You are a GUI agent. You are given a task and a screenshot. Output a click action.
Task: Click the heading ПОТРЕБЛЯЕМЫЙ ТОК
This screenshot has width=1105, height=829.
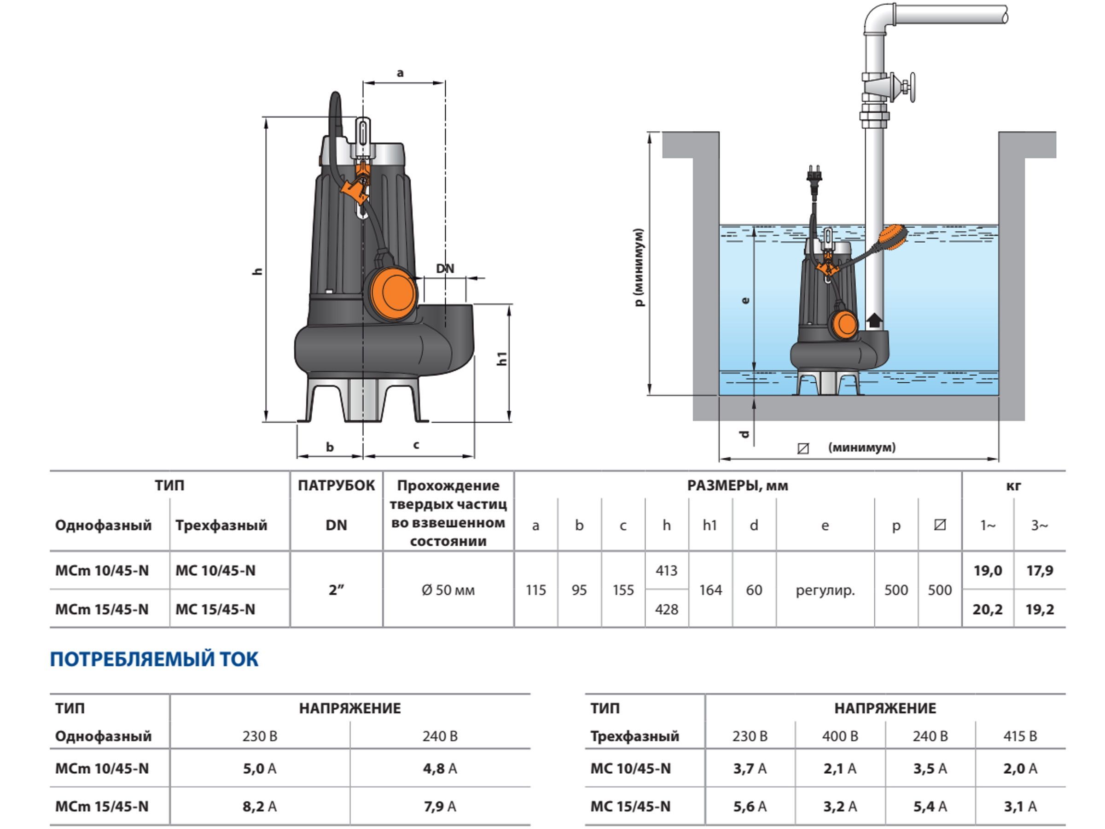pyautogui.click(x=154, y=659)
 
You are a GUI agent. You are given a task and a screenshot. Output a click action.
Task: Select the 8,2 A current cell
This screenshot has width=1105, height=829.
pyautogui.click(x=259, y=806)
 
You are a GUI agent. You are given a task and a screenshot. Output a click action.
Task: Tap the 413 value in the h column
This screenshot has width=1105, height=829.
pyautogui.click(x=666, y=570)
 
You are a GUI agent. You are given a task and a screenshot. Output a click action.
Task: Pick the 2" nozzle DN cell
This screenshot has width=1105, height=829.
pyautogui.click(x=336, y=590)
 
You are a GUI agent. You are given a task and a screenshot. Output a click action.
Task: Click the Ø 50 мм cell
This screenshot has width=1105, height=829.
pyautogui.click(x=448, y=590)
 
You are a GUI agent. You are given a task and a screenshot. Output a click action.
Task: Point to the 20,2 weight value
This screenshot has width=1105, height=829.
pyautogui.click(x=987, y=609)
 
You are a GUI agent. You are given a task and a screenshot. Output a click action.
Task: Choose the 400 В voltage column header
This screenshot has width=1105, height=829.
pyautogui.click(x=840, y=736)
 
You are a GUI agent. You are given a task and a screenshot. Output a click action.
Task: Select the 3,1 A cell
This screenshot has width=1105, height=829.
pyautogui.click(x=1020, y=806)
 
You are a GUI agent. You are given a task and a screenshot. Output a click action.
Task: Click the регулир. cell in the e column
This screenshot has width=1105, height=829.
pyautogui.click(x=825, y=590)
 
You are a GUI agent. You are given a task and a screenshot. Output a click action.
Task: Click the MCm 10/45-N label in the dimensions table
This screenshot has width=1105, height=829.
pyautogui.click(x=102, y=570)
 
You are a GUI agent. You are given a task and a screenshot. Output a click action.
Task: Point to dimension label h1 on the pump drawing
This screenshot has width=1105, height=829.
pyautogui.click(x=502, y=358)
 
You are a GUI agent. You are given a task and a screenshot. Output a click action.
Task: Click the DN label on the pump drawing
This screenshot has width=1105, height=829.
pyautogui.click(x=445, y=269)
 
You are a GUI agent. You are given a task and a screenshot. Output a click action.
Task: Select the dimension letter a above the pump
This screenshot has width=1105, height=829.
pyautogui.click(x=400, y=73)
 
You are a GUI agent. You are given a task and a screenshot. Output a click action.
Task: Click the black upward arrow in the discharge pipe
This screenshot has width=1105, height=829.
pyautogui.click(x=874, y=320)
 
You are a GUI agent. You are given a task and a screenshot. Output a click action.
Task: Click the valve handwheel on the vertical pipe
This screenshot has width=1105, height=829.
pyautogui.click(x=912, y=87)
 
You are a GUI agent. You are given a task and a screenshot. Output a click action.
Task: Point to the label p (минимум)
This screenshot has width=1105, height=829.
pyautogui.click(x=639, y=267)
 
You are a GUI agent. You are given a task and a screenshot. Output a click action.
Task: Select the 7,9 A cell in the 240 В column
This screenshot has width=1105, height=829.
pyautogui.click(x=440, y=806)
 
